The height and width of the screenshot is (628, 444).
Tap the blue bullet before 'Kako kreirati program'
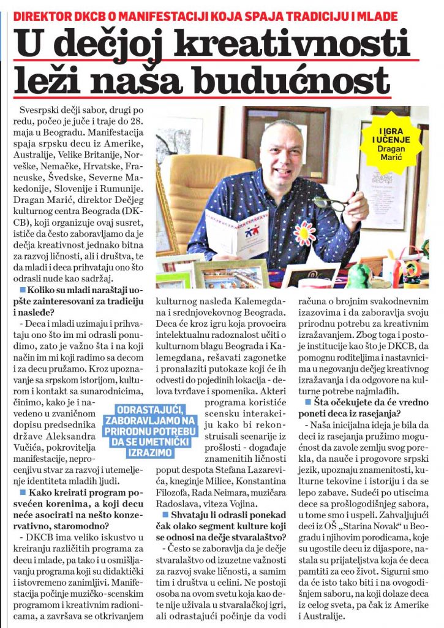(22, 510)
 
